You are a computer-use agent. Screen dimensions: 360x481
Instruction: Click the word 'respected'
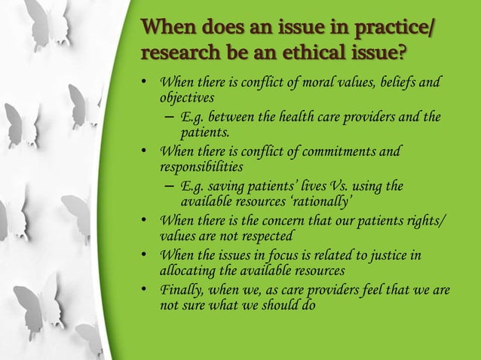(x=255, y=236)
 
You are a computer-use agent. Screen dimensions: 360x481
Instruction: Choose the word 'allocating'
(x=187, y=271)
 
